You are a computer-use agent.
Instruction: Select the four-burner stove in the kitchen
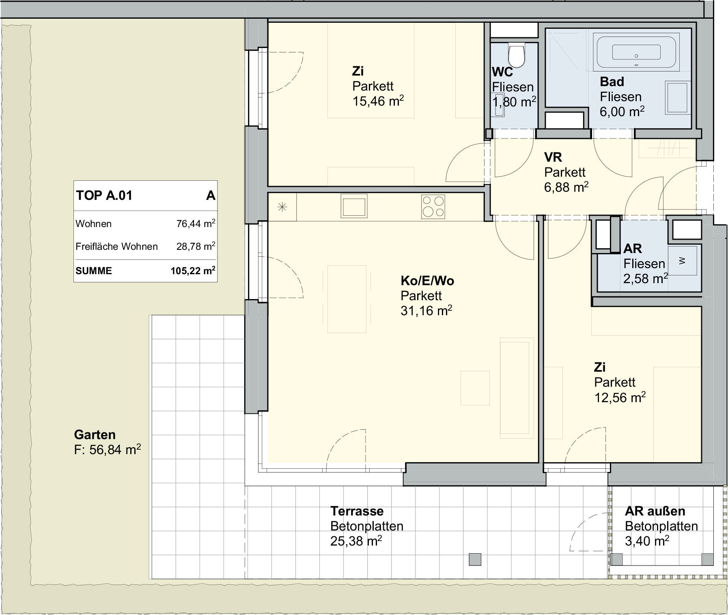click(x=433, y=206)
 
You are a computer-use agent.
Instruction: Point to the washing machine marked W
click(x=682, y=260)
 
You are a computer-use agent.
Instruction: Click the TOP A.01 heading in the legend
click(x=104, y=195)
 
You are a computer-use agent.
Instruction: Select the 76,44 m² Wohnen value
click(x=196, y=223)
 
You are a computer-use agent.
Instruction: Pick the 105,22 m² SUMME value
click(x=193, y=271)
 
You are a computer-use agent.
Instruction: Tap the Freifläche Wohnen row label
click(x=116, y=247)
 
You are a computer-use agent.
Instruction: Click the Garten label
click(x=95, y=435)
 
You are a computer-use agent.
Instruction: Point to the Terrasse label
click(x=357, y=511)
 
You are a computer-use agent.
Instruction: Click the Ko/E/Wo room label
click(x=427, y=281)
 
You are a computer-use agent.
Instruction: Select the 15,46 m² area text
click(x=378, y=101)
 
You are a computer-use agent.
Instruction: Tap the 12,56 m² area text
click(x=620, y=397)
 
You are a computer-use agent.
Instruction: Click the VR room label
click(x=553, y=157)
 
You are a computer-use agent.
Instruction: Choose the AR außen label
click(x=655, y=511)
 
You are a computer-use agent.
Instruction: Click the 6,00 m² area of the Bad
click(x=622, y=111)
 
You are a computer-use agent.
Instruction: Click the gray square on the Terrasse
click(x=475, y=559)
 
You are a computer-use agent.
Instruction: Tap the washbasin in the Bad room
click(x=677, y=97)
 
